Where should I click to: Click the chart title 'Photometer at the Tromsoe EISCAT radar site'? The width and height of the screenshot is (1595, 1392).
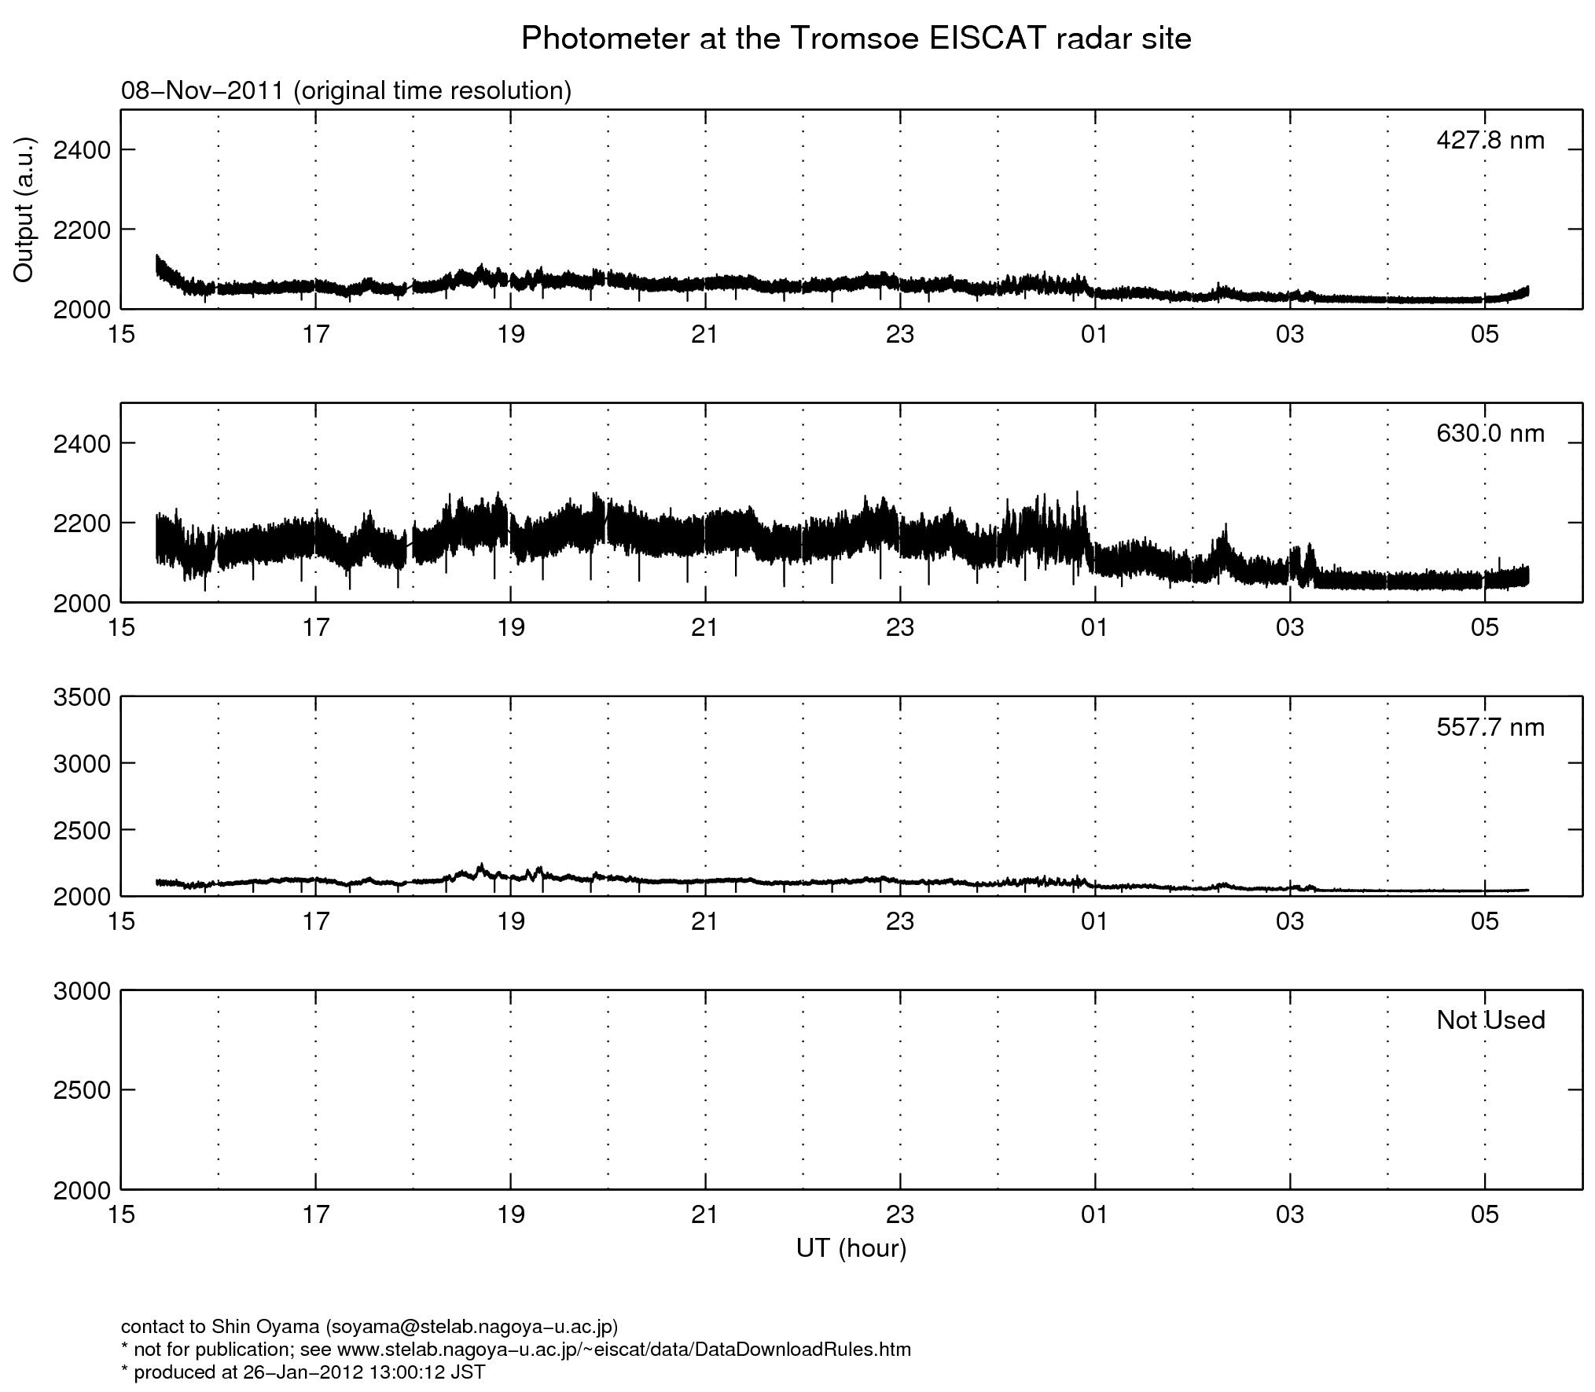tap(856, 39)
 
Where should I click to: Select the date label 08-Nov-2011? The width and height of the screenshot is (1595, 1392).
tap(202, 91)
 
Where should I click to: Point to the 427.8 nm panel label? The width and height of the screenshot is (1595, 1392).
tap(1490, 141)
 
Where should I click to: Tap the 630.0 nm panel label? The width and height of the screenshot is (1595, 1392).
tap(1490, 433)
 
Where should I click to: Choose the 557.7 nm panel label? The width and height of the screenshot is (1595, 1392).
tap(1490, 727)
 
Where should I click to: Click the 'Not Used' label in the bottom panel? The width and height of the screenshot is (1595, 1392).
tap(1490, 1020)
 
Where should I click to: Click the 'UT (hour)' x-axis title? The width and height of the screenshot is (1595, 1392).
tap(851, 1248)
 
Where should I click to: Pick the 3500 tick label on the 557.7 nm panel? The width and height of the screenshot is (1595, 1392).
tap(83, 697)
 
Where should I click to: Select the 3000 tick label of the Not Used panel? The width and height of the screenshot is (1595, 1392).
tap(83, 991)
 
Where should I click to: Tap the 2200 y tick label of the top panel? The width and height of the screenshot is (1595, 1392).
tap(83, 230)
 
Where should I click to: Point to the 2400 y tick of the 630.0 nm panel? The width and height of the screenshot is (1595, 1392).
tap(83, 444)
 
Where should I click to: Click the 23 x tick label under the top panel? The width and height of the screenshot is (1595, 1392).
tap(899, 335)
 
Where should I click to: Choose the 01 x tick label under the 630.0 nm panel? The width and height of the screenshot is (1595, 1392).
tap(1094, 627)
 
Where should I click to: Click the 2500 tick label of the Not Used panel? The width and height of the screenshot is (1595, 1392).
tap(83, 1090)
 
